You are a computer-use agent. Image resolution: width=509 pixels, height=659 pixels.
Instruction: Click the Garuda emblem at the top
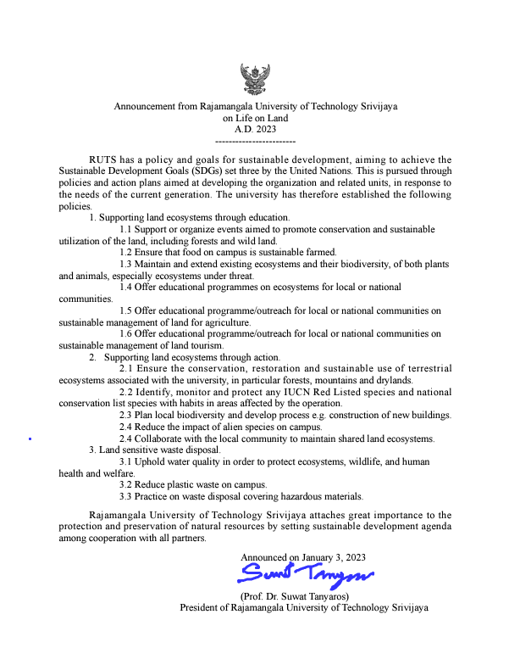pyautogui.click(x=256, y=80)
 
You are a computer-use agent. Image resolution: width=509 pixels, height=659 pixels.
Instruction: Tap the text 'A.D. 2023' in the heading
pyautogui.click(x=256, y=129)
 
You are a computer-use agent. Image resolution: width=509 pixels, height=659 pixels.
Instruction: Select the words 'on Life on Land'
pyautogui.click(x=256, y=118)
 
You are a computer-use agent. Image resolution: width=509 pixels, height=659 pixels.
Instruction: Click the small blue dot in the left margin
pyautogui.click(x=30, y=438)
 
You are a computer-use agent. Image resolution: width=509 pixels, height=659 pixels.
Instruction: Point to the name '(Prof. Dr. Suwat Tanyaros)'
pyautogui.click(x=293, y=596)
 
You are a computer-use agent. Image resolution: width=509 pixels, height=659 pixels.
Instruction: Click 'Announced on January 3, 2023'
pyautogui.click(x=303, y=557)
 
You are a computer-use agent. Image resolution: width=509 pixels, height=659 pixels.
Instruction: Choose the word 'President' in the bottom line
pyautogui.click(x=201, y=607)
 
